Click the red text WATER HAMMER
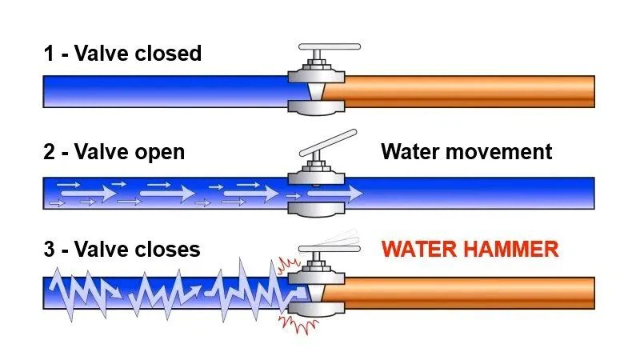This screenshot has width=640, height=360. (x=470, y=249)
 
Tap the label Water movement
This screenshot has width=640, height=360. (x=466, y=151)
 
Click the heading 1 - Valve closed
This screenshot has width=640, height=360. (x=122, y=54)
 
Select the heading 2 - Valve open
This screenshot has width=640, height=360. (x=114, y=151)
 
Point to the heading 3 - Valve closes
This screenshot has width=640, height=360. (x=122, y=249)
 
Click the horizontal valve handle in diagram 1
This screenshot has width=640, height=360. (x=329, y=46)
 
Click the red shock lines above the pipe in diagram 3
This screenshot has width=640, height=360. (x=286, y=263)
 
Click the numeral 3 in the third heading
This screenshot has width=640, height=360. (x=50, y=249)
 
